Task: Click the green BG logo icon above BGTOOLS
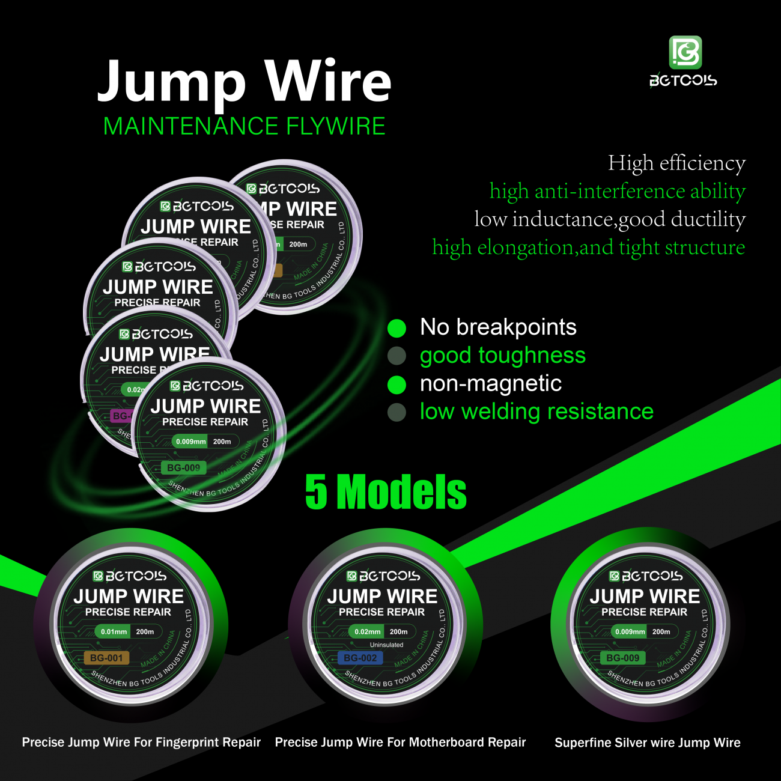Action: pyautogui.click(x=685, y=52)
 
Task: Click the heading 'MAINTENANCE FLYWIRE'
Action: pyautogui.click(x=244, y=126)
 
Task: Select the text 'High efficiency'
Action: pyautogui.click(x=676, y=163)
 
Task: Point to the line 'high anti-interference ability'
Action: pyautogui.click(x=617, y=191)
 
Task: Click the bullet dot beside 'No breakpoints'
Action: pyautogui.click(x=397, y=328)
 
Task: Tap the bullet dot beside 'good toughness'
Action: pyautogui.click(x=397, y=356)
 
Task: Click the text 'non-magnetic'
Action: pyautogui.click(x=490, y=383)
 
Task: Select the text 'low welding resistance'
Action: pyautogui.click(x=536, y=412)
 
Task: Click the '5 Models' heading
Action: pyautogui.click(x=386, y=492)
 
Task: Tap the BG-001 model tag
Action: pyautogui.click(x=106, y=658)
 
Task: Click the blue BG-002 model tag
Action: pyautogui.click(x=360, y=658)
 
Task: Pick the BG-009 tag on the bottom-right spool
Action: pyautogui.click(x=622, y=658)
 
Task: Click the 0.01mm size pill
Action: pyautogui.click(x=114, y=632)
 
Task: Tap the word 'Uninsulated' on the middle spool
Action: pyautogui.click(x=386, y=645)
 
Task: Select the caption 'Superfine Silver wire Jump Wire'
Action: pyautogui.click(x=647, y=743)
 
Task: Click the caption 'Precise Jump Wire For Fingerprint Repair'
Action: pyautogui.click(x=141, y=743)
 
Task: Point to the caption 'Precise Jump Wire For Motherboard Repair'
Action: pyautogui.click(x=400, y=743)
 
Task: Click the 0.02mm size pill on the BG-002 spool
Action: pyautogui.click(x=367, y=632)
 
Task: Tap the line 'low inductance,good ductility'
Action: pyautogui.click(x=609, y=219)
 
